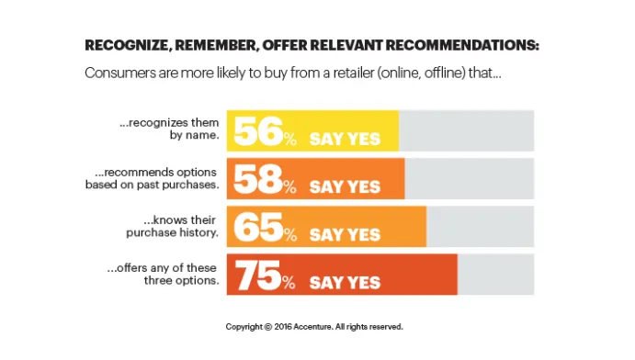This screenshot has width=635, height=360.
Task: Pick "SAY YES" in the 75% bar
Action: (x=345, y=282)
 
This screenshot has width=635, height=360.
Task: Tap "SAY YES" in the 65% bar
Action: (x=345, y=234)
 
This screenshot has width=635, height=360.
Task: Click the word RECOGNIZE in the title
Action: (x=130, y=45)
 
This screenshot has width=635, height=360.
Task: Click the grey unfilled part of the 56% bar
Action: (x=466, y=130)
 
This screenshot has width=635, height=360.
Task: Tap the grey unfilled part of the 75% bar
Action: (x=495, y=275)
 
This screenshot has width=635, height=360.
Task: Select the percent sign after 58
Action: (x=289, y=187)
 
